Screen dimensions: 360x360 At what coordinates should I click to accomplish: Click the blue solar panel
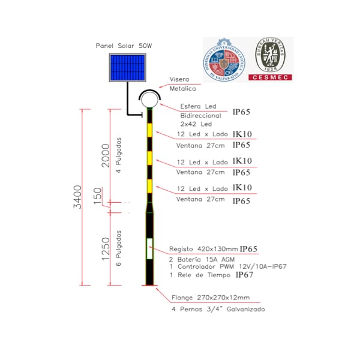pyautogui.click(x=127, y=68)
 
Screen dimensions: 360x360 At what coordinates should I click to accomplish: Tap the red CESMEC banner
pyautogui.click(x=270, y=77)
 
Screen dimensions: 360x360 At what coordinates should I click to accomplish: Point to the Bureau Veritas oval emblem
pyautogui.click(x=269, y=53)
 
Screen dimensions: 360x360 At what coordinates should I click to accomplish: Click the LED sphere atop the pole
pyautogui.click(x=149, y=100)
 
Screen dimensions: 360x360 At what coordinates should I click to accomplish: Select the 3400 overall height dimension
pyautogui.click(x=77, y=197)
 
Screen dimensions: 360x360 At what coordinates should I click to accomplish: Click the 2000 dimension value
pyautogui.click(x=106, y=157)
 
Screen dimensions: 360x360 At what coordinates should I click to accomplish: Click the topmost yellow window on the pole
pyautogui.click(x=149, y=131)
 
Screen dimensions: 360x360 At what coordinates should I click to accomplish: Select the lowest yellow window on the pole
pyautogui.click(x=149, y=185)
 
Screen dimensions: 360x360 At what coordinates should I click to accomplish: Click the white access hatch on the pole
pyautogui.click(x=149, y=248)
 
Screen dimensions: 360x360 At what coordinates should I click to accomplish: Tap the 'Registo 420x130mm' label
pyautogui.click(x=204, y=248)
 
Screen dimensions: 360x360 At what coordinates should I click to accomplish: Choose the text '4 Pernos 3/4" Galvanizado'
pyautogui.click(x=218, y=310)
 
